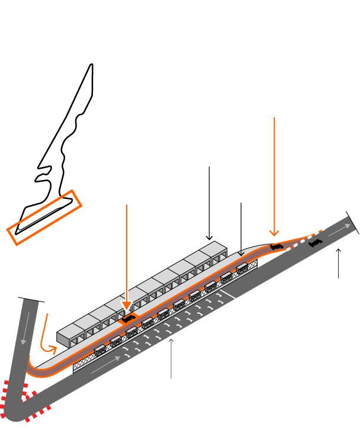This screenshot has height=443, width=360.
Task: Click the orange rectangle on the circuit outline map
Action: click(x=44, y=217)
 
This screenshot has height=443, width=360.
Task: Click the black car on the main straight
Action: click(x=315, y=242)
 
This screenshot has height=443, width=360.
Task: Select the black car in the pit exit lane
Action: click(x=276, y=246)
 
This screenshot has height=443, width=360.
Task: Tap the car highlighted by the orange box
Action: click(x=128, y=319)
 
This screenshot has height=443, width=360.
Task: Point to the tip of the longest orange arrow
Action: click(x=274, y=235)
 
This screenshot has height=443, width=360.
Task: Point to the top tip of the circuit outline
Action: click(x=92, y=65)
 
